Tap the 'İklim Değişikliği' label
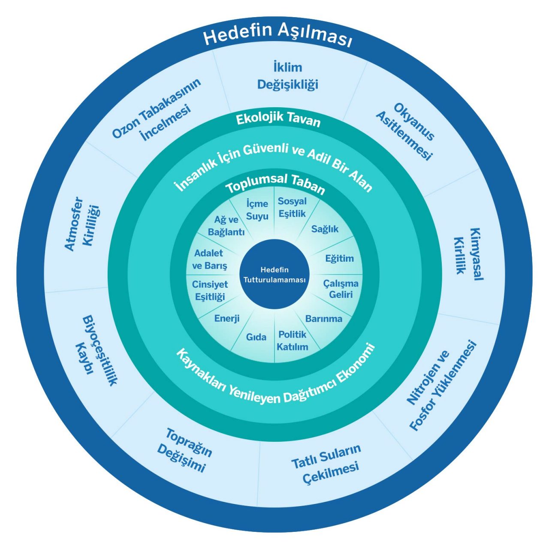click(287, 76)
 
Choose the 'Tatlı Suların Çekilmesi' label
click(326, 464)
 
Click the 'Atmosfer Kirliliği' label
click(81, 223)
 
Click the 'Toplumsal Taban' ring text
click(275, 183)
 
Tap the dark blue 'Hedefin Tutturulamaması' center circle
click(274, 275)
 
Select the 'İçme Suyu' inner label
click(257, 210)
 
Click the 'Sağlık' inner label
click(325, 229)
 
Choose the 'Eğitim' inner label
click(339, 258)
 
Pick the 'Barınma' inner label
click(324, 319)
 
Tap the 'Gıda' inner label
click(256, 337)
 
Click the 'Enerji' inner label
click(227, 318)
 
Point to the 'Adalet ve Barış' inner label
click(209, 259)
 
